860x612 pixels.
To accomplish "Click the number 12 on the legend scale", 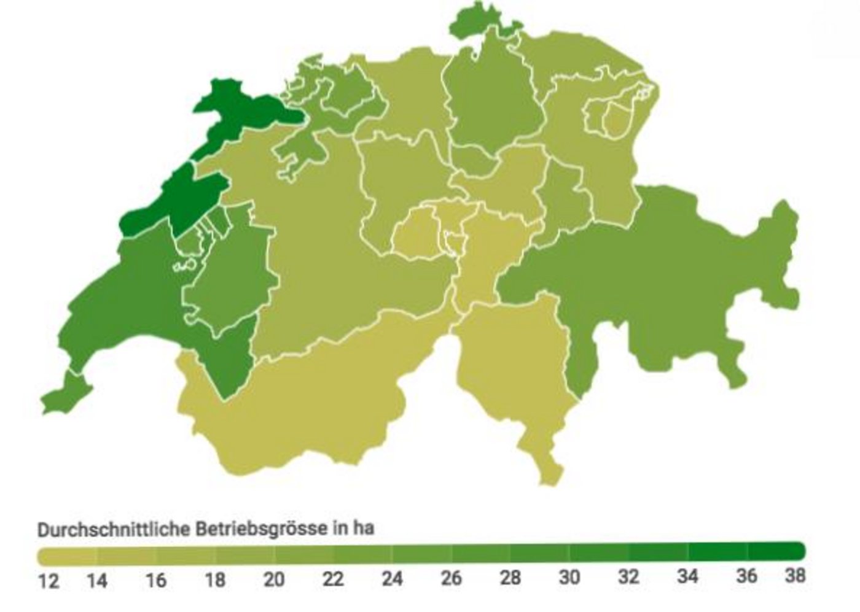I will (x=49, y=580).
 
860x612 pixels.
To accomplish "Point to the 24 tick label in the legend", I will (x=392, y=578).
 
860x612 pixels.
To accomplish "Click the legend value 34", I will (x=688, y=576).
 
